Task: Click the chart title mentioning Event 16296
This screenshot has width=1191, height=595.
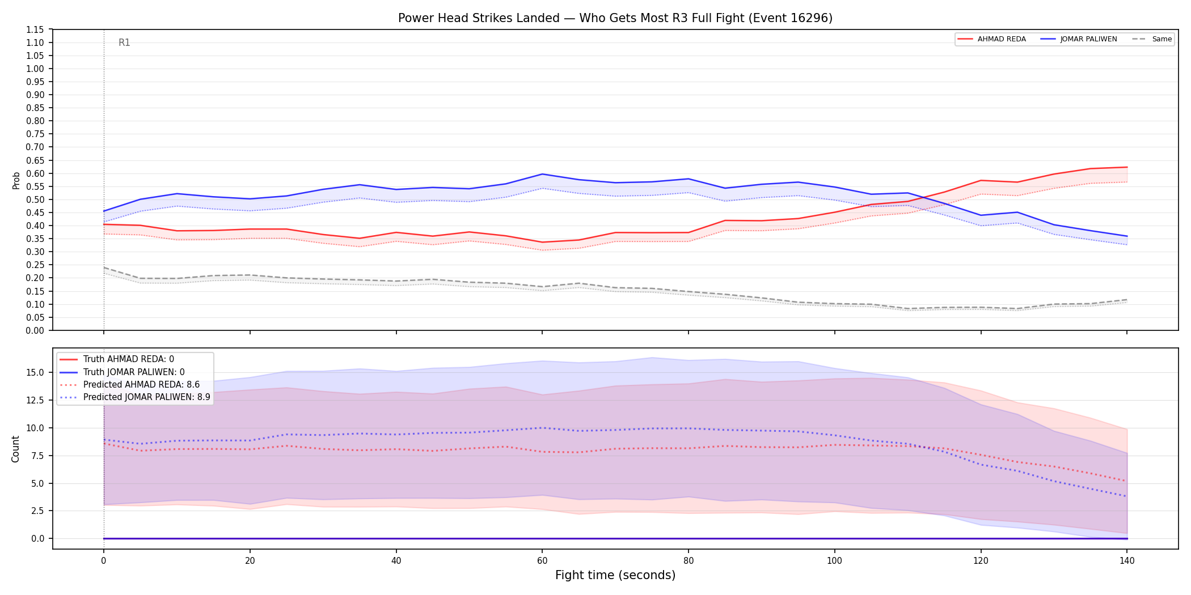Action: tap(615, 18)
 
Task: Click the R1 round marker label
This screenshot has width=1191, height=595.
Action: tap(124, 42)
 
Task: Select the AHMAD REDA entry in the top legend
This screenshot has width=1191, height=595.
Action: tap(991, 39)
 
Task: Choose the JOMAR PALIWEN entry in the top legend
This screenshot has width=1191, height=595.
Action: tap(1079, 39)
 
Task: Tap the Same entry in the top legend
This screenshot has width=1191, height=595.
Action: tap(1152, 39)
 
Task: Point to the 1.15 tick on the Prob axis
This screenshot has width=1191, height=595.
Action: tap(35, 29)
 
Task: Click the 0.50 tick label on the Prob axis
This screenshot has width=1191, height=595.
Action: tap(35, 199)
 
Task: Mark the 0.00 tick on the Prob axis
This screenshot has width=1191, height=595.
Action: tap(35, 330)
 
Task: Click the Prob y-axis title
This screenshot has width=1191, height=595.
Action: tap(16, 180)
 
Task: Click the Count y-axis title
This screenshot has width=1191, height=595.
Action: tap(15, 449)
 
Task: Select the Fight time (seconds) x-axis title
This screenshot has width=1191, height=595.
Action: tap(615, 575)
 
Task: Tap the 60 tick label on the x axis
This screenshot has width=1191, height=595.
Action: tap(542, 561)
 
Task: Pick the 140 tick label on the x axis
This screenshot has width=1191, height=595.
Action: tap(1127, 561)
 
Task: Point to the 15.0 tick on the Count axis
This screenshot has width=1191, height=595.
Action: tap(37, 372)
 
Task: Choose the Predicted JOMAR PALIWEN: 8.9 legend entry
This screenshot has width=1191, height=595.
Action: tap(135, 397)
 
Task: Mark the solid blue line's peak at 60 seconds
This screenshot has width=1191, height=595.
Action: tap(542, 174)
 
